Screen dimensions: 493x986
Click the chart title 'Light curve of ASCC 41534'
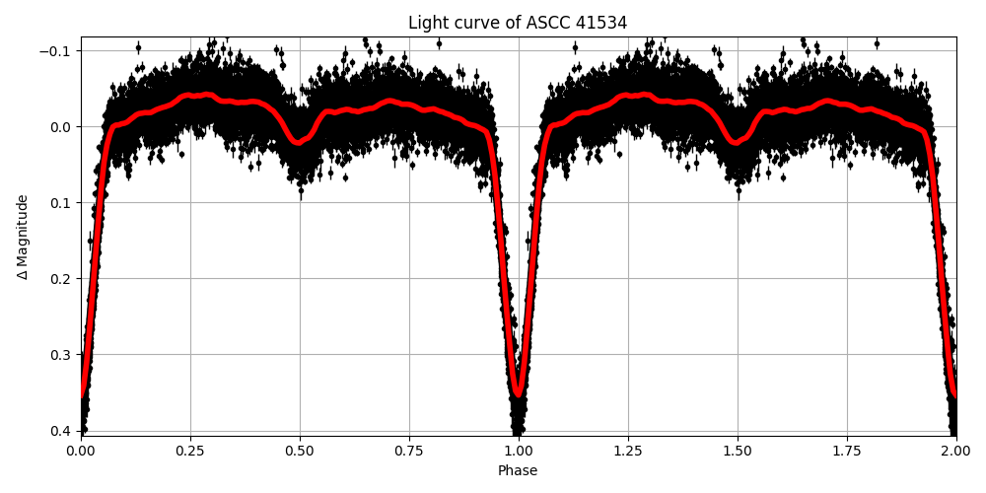tap(518, 23)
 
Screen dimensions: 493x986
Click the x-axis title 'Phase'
tap(518, 471)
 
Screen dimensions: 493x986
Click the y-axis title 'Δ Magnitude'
tap(23, 237)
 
